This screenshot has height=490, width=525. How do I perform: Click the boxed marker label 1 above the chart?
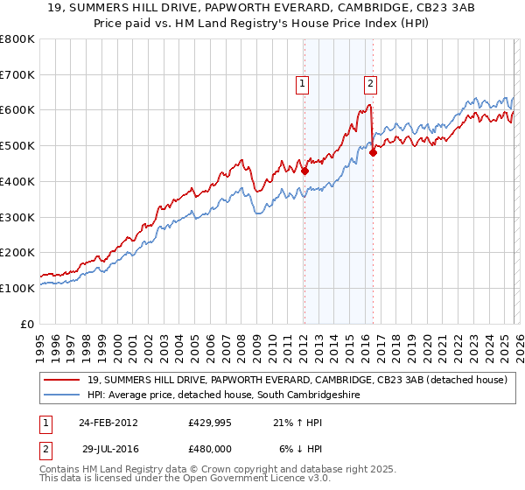click(x=302, y=84)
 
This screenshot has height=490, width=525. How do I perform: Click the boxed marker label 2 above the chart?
click(x=370, y=84)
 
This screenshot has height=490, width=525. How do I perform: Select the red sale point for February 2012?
click(x=304, y=171)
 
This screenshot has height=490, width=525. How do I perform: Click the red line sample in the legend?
click(x=61, y=380)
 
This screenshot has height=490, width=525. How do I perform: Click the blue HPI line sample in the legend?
click(x=61, y=395)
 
